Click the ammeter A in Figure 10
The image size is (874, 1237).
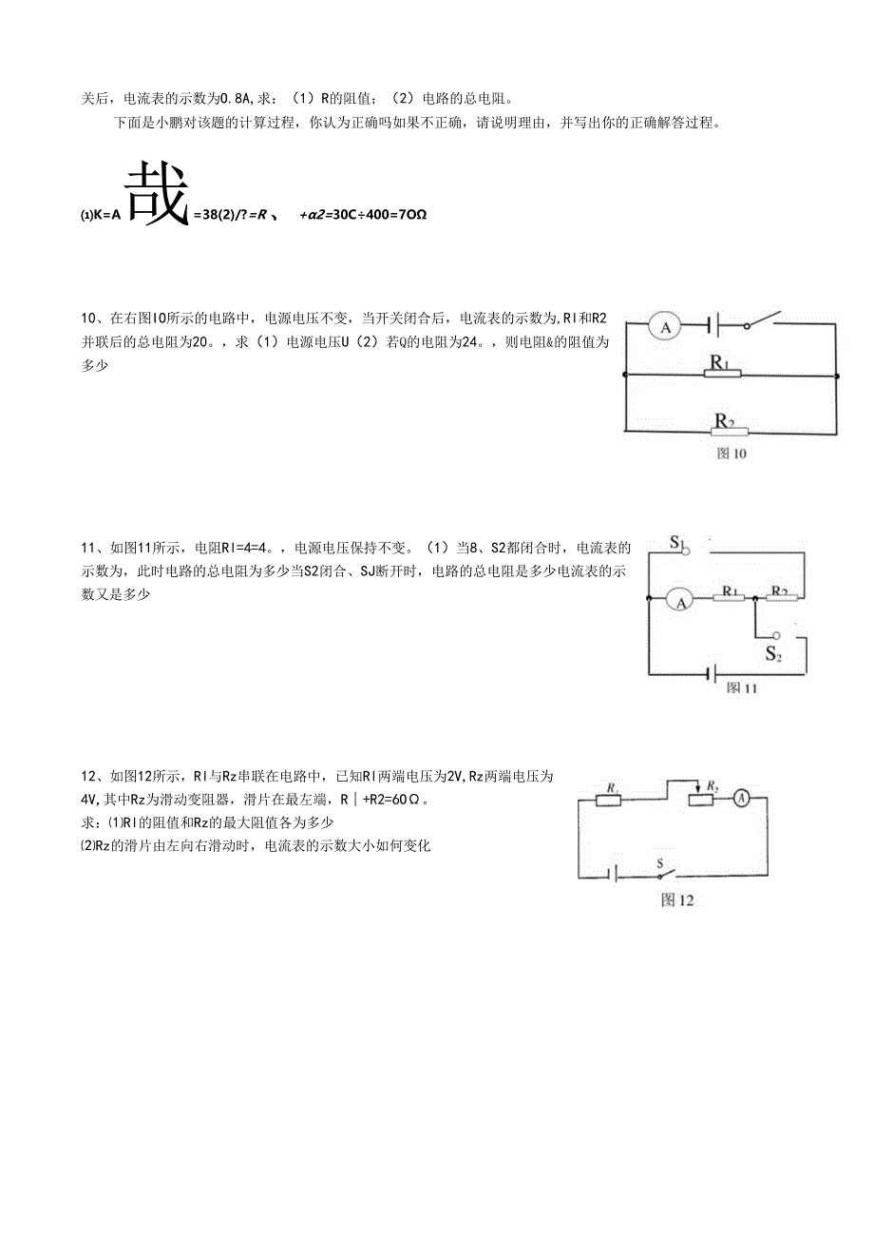[666, 328]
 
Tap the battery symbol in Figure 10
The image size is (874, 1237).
[714, 327]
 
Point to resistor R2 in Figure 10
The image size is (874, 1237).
[728, 431]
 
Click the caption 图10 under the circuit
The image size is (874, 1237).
[731, 454]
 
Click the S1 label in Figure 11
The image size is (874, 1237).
[677, 543]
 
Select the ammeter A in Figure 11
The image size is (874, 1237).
[678, 599]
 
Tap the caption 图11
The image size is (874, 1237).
[742, 687]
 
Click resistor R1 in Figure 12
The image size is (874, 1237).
[609, 800]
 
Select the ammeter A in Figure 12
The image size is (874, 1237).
[744, 799]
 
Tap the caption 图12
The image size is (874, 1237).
[676, 900]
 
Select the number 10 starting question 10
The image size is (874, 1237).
[88, 317]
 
